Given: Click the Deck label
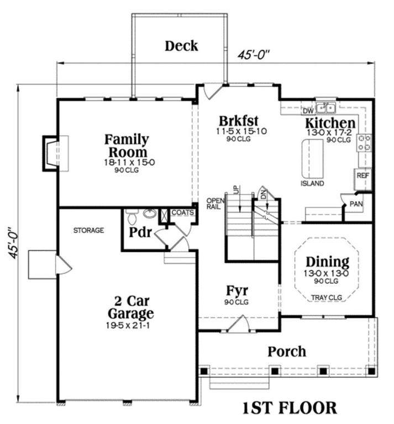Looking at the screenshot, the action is pos(181,46).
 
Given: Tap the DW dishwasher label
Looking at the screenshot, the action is pos(308,111).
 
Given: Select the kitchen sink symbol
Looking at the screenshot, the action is pos(326,108).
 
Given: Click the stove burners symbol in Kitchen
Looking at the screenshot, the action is pos(364,142).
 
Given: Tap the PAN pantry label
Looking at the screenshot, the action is pos(356,204).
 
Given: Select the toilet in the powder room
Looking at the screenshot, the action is pos(132,216).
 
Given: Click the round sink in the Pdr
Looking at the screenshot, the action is pos(149,214).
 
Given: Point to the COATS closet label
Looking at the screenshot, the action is pos(183,213).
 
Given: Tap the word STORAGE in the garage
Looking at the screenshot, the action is pos(88,230).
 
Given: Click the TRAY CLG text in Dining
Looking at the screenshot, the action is pos(327,298).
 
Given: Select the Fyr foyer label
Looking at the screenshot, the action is pos(237,290).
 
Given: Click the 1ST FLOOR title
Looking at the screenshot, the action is pos(290,408).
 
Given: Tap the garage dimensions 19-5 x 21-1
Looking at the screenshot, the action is pos(128,326).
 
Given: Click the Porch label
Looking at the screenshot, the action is pos(287,352).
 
